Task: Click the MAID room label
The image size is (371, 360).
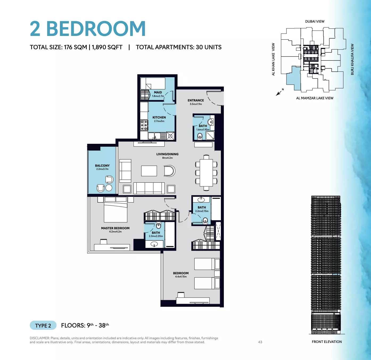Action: click(158, 92)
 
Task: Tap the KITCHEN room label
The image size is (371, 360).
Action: click(159, 117)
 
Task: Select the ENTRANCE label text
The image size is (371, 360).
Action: click(196, 100)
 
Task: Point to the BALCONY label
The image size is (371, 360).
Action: click(102, 166)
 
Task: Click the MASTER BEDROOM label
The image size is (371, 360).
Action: click(115, 228)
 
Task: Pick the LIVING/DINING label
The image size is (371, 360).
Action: click(167, 154)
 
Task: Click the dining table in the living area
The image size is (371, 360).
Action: click(206, 173)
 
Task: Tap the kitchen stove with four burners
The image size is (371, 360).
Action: click(144, 125)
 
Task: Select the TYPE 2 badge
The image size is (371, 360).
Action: click(43, 325)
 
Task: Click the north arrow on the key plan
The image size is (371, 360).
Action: click(279, 93)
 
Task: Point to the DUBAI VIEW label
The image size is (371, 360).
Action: click(315, 22)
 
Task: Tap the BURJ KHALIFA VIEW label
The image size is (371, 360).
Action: click(352, 59)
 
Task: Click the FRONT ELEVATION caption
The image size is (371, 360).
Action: click(327, 342)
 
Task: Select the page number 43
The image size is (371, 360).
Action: click(260, 342)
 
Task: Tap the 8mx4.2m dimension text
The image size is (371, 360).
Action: click(167, 158)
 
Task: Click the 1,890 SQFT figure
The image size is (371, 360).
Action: click(107, 47)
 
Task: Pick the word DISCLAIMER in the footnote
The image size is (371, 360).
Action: click(39, 338)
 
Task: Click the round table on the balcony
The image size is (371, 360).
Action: click(109, 188)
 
